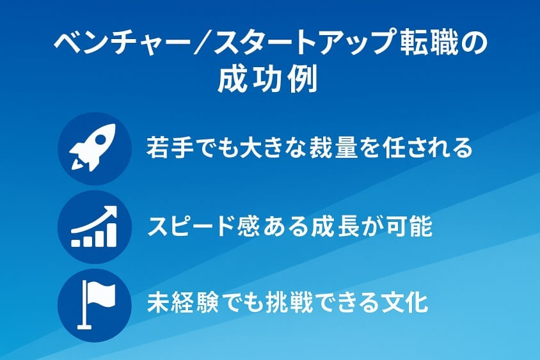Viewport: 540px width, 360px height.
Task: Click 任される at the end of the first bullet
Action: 426,148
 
